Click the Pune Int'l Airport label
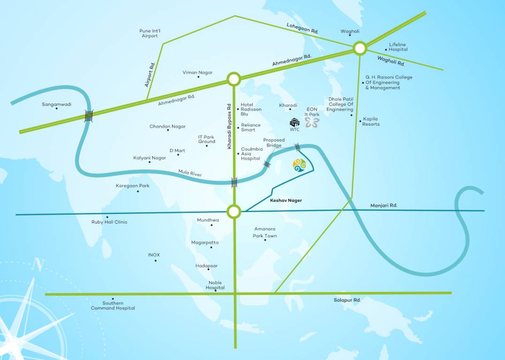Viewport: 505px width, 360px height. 150,33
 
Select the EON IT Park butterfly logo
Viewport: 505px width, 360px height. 312,122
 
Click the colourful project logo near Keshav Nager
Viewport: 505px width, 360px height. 299,165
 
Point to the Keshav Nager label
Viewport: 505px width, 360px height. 286,200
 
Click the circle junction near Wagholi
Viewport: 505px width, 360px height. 360,48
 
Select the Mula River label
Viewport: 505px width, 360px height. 190,173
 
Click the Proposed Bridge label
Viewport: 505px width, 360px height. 274,142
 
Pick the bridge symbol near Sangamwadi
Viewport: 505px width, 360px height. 89,116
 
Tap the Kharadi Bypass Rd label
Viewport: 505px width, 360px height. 229,126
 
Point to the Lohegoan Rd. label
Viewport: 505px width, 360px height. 302,28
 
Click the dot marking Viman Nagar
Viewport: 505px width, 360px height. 198,77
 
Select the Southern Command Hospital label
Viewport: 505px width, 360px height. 113,306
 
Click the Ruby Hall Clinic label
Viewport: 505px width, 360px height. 109,222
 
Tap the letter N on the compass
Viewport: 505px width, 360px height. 38,264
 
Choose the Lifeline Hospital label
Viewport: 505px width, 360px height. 398,47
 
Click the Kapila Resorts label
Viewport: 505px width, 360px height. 371,121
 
